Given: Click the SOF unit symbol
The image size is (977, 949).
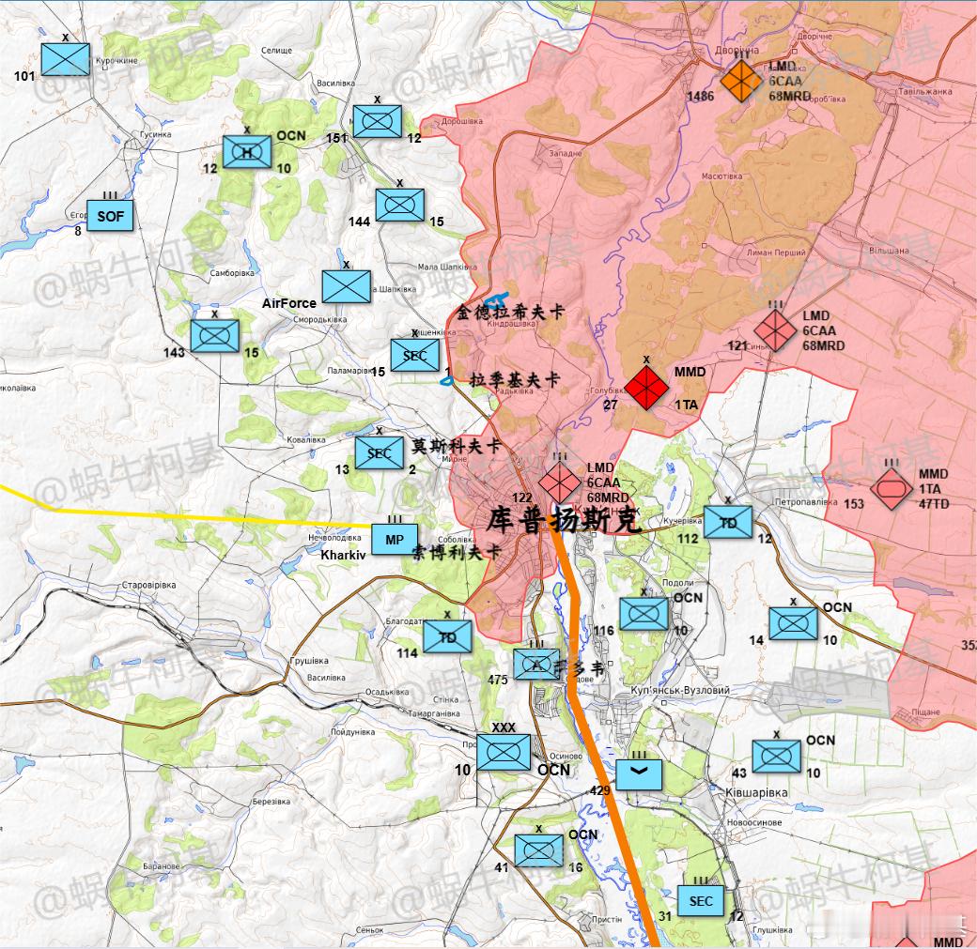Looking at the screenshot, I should (110, 217).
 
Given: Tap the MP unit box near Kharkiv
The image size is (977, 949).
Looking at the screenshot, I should (395, 540).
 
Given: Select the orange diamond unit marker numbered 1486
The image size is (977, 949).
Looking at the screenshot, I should (741, 81).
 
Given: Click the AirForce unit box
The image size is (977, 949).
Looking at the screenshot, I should (346, 287).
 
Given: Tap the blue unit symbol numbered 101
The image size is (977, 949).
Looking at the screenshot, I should (66, 59).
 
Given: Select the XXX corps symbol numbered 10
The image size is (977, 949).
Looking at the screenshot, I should (504, 752).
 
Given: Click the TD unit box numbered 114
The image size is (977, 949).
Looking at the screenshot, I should (447, 635).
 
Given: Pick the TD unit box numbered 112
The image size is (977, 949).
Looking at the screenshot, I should (728, 523).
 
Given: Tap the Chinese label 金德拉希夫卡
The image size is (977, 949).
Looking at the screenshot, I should (511, 312).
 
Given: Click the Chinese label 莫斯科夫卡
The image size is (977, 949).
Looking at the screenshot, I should (456, 446).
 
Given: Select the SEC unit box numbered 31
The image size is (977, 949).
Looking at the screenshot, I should (701, 901).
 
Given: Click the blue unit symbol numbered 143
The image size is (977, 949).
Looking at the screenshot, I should (214, 336).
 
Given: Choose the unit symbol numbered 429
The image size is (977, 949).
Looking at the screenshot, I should (640, 773).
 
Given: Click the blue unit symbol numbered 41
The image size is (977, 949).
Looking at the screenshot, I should (538, 850).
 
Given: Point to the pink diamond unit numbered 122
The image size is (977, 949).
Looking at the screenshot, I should (560, 483).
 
